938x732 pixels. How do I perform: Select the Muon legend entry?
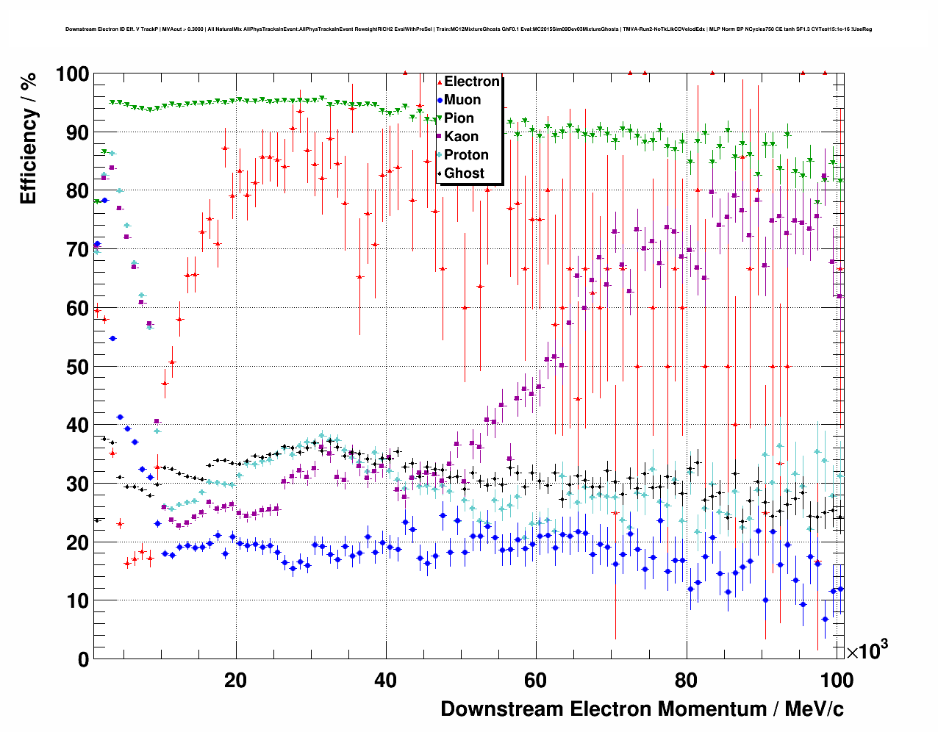(462, 100)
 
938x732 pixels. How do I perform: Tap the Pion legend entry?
(459, 118)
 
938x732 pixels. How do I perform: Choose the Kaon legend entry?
(461, 137)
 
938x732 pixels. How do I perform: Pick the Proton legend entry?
(466, 155)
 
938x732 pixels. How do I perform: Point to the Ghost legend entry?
(464, 173)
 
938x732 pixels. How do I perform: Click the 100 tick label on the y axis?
(73, 74)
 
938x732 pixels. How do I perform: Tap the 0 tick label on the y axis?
(84, 659)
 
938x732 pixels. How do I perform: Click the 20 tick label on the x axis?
(236, 681)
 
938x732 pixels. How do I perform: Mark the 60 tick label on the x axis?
(536, 681)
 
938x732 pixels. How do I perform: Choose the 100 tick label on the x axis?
(837, 681)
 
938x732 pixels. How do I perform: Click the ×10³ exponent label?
(867, 650)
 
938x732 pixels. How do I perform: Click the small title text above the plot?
(468, 29)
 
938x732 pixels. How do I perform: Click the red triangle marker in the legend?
(440, 82)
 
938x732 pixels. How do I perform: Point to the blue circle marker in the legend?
(440, 100)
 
